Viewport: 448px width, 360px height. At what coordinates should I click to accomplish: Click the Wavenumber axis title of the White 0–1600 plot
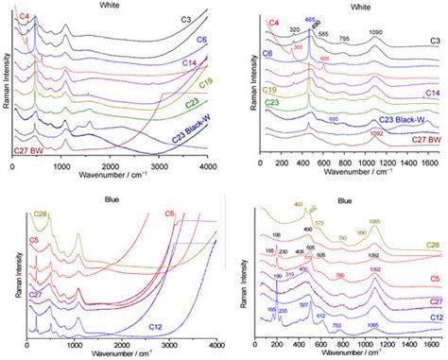[x=348, y=176]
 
